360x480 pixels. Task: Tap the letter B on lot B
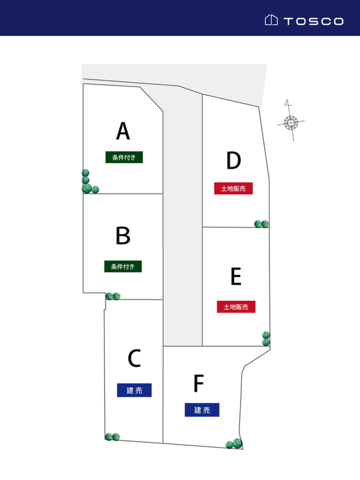123,236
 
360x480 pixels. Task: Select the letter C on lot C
134,359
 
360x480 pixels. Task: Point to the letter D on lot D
233,161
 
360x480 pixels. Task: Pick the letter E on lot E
236,277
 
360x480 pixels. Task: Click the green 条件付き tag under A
124,157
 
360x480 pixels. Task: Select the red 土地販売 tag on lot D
233,188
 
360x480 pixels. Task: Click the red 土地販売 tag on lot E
236,307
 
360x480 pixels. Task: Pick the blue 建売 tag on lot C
134,391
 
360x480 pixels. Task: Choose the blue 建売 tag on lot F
202,410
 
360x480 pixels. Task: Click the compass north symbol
291,123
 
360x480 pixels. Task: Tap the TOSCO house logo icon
271,20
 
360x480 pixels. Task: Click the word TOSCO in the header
313,21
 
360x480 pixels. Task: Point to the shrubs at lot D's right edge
262,224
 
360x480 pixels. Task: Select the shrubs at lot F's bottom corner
233,444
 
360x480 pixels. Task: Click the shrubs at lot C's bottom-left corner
112,437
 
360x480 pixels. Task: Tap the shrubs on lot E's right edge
266,338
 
